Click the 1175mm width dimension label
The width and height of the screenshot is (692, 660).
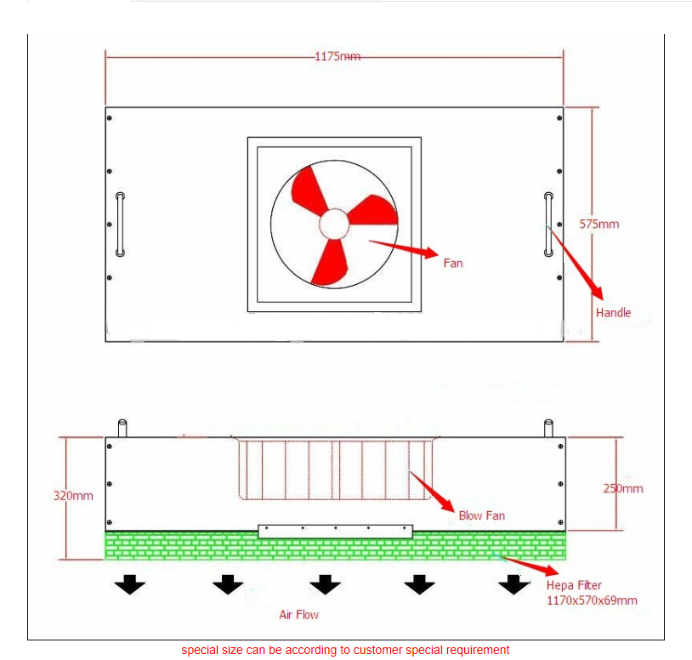(337, 56)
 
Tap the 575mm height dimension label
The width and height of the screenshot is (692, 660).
(598, 225)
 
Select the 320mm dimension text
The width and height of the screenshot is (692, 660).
(73, 496)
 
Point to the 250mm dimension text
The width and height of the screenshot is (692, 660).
(622, 488)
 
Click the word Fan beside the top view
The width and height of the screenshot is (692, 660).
(453, 263)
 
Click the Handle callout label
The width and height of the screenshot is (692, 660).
(613, 312)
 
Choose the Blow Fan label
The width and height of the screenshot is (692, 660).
(481, 515)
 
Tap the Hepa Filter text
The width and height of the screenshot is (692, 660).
(574, 585)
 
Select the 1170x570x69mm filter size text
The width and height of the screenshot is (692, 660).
(592, 600)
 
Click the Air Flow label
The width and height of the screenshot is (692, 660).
(298, 615)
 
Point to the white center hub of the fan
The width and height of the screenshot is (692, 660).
(334, 225)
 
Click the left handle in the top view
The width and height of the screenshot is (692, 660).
(120, 225)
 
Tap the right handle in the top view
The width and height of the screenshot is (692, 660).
(548, 225)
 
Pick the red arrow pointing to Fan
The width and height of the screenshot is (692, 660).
(403, 248)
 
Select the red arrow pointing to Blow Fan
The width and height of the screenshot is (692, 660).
(432, 492)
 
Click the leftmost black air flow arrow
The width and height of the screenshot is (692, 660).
(130, 584)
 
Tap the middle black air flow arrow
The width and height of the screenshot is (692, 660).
(326, 584)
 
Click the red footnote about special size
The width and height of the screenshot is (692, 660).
(345, 651)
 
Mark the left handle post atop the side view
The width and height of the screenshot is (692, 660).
(122, 428)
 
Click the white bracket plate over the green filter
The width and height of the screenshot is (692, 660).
(336, 532)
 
